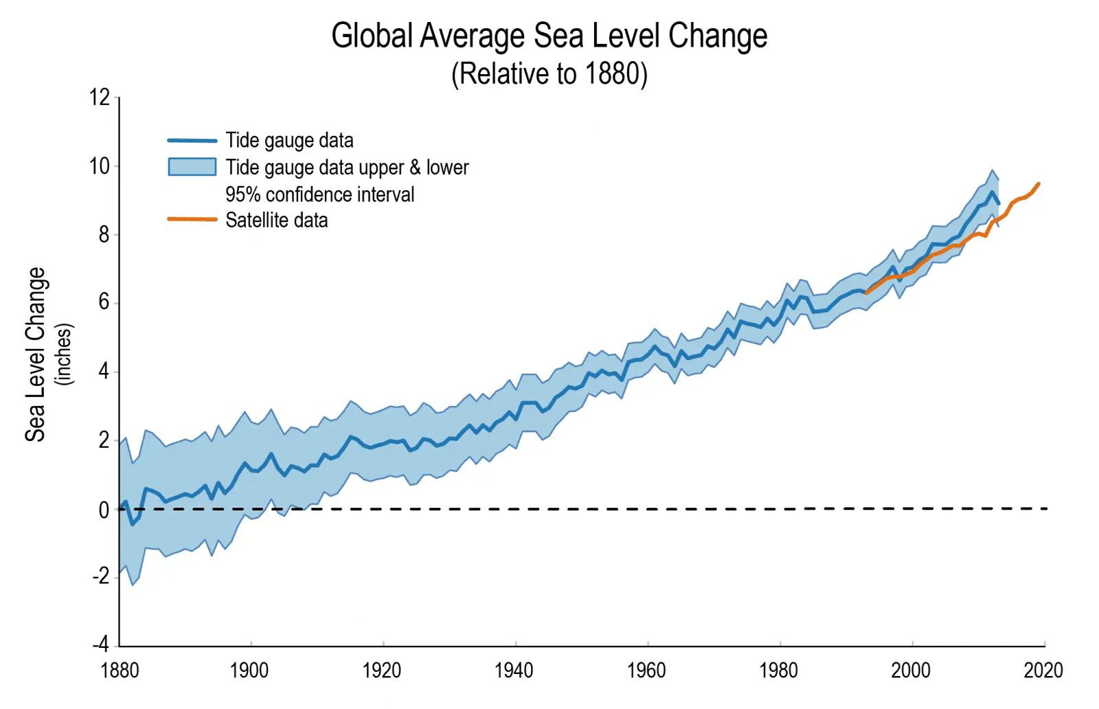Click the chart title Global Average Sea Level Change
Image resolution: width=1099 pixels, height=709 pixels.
549,36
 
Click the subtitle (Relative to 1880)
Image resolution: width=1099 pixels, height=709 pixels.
549,74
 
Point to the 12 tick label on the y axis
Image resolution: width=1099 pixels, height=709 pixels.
100,98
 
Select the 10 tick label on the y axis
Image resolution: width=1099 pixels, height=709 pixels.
100,166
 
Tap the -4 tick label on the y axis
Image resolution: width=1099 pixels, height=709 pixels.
101,644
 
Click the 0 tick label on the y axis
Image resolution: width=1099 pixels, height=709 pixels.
104,510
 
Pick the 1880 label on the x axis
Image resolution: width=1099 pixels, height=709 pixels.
120,670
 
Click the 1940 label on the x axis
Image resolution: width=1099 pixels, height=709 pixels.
514,670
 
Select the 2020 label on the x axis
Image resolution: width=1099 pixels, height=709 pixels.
1043,670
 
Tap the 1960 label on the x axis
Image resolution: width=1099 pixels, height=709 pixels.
646,670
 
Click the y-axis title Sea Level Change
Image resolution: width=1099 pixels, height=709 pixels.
35,354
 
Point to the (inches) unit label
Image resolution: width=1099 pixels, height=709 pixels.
64,354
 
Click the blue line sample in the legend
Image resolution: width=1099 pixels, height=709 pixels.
192,141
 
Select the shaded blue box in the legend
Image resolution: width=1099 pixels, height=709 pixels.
192,167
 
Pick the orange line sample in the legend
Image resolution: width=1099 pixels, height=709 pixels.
192,220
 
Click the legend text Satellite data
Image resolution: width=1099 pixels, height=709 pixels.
277,221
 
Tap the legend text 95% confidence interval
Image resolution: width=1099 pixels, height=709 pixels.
320,194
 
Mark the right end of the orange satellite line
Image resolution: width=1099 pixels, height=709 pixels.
1039,184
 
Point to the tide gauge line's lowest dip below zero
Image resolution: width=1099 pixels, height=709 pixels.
133,524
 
